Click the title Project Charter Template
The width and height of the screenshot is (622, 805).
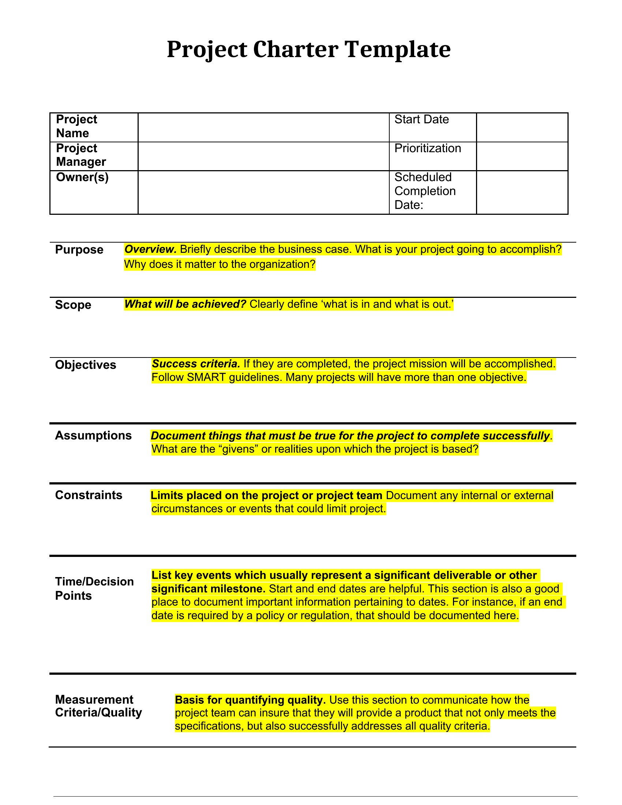click(308, 49)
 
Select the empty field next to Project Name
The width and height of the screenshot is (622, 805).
click(263, 127)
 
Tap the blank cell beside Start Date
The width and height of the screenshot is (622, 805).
click(522, 127)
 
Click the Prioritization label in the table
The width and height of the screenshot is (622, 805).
click(427, 148)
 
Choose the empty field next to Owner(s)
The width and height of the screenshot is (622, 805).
click(263, 192)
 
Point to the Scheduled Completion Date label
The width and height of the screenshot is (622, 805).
click(425, 191)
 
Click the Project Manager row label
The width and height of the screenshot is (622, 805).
click(81, 155)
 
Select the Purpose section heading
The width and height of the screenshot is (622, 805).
click(79, 250)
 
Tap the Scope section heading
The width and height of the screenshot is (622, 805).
click(73, 305)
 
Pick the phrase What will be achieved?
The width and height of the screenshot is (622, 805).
click(185, 304)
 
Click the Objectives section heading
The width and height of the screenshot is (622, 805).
click(86, 365)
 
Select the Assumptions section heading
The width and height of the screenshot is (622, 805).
click(93, 435)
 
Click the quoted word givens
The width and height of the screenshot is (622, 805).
click(240, 449)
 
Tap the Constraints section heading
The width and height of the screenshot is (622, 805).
click(89, 495)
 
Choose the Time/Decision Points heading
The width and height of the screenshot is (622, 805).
click(94, 589)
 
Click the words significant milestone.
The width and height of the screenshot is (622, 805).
click(208, 589)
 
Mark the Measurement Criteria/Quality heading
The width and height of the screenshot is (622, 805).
click(98, 706)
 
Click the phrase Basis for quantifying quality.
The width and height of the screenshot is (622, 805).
click(250, 700)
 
